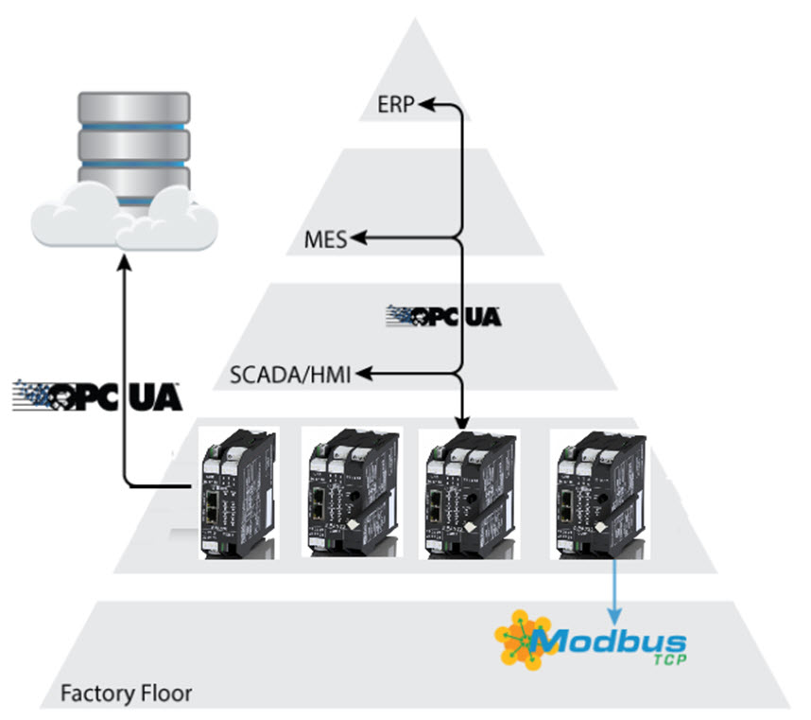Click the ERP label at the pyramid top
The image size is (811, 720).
[395, 104]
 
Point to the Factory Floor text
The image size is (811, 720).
[126, 693]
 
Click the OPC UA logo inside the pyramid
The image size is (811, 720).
[443, 315]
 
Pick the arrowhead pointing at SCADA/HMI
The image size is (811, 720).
[361, 375]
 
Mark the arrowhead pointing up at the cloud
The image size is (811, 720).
[124, 263]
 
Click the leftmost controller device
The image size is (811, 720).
[237, 492]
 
